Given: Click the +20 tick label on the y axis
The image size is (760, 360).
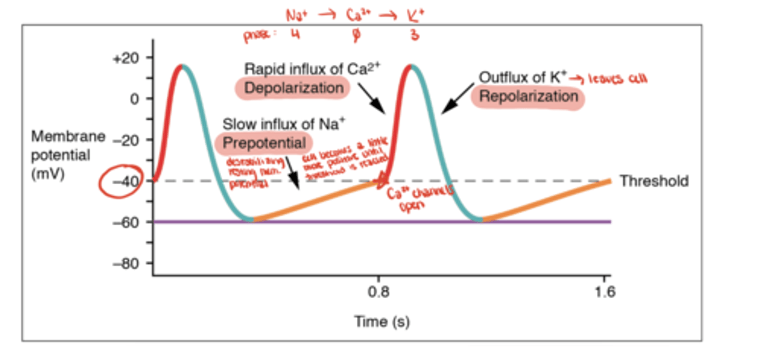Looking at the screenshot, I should coord(125,58).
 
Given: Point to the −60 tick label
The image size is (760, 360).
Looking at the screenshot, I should coord(125,222).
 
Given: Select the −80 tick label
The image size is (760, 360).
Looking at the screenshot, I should coord(125,263).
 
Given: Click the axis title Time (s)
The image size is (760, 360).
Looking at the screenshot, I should coord(382,321).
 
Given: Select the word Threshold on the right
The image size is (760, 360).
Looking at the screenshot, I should coord(654,182).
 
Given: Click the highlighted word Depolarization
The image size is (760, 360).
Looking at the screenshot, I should coord(293,88).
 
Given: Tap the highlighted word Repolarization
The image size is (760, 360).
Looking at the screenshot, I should coord(528,97).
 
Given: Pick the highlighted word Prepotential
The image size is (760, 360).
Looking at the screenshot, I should coord(264,143).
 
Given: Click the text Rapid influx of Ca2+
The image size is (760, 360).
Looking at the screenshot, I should coord(312,69).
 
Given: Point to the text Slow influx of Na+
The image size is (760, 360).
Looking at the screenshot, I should coord(283,125).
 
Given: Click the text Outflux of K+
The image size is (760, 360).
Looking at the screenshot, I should coord(522,77).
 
